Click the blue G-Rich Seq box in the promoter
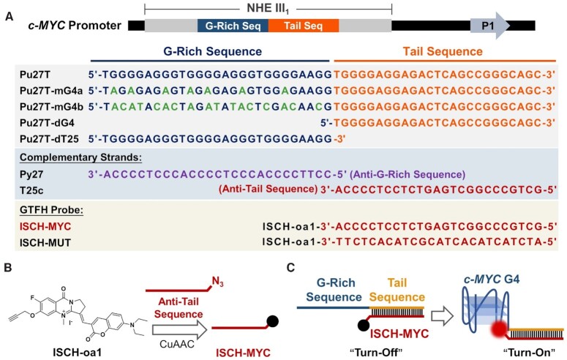point(233,26)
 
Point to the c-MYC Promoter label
point(65,26)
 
